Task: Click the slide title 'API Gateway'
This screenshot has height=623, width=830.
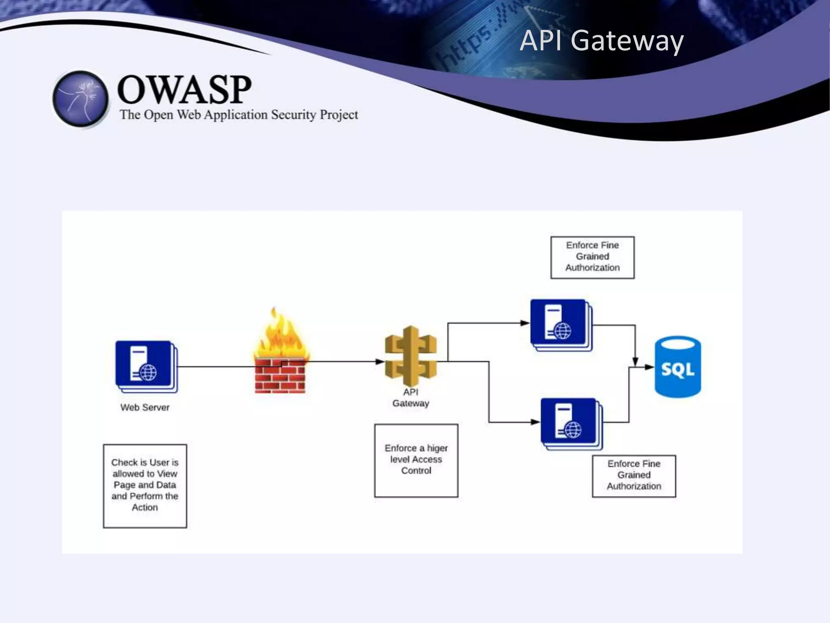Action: pyautogui.click(x=601, y=41)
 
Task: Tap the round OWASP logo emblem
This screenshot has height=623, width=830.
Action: pyautogui.click(x=81, y=99)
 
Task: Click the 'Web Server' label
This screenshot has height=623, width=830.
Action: pyautogui.click(x=145, y=407)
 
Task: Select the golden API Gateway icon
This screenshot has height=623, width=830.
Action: pyautogui.click(x=411, y=356)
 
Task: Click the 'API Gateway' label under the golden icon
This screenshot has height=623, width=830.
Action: pyautogui.click(x=411, y=397)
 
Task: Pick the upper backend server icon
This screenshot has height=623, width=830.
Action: pyautogui.click(x=561, y=325)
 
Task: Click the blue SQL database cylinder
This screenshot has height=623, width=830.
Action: pyautogui.click(x=678, y=367)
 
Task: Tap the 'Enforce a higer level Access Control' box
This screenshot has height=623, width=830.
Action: pyautogui.click(x=416, y=460)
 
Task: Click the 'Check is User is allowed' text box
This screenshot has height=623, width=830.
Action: pyautogui.click(x=145, y=486)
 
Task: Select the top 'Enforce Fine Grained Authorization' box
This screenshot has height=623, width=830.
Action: pyautogui.click(x=592, y=257)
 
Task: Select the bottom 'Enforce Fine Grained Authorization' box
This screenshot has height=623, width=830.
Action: pyautogui.click(x=634, y=476)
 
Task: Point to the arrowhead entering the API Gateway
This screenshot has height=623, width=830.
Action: pyautogui.click(x=379, y=361)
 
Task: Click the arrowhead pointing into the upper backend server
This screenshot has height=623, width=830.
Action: pyautogui.click(x=525, y=323)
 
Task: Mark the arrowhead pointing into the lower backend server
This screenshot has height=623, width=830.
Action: pyautogui.click(x=535, y=422)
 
